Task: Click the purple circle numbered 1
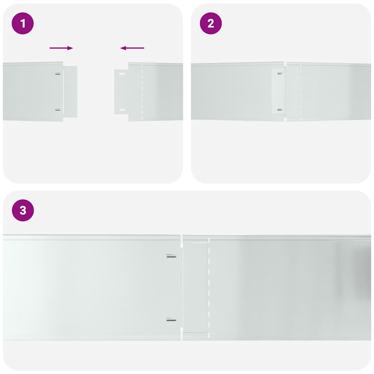coord(23,24)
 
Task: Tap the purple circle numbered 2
coord(211,24)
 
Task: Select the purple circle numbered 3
coord(23,210)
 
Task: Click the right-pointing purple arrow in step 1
coord(61,48)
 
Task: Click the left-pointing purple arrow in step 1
coord(132,48)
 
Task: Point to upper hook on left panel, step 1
coord(58,74)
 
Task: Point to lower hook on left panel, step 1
coord(58,110)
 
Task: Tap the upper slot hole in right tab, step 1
coord(122,74)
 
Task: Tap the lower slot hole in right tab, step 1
coord(122,110)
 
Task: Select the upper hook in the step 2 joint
coord(280,73)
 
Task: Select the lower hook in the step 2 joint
coord(280,110)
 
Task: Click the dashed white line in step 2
coord(300,91)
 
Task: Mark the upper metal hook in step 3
coord(171,256)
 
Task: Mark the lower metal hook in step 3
coord(171,319)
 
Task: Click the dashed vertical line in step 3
coord(209,289)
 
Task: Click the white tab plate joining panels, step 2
coord(278,91)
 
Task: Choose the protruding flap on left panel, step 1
coord(70,91)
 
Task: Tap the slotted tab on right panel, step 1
coord(121,91)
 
